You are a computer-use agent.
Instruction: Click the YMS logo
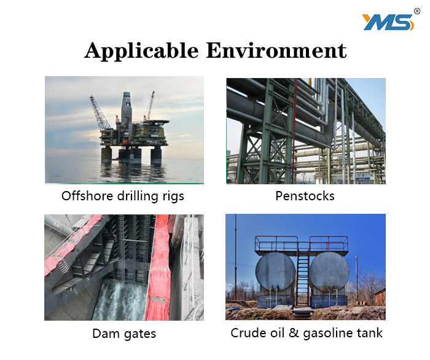[388, 22]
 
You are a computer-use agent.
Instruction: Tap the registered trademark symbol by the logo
[417, 11]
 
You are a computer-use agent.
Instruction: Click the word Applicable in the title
[141, 51]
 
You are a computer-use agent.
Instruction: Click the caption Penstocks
[305, 196]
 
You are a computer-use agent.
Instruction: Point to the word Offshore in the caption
[87, 196]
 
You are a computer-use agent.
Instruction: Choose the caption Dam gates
[124, 334]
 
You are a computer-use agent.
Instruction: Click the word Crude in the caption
[248, 333]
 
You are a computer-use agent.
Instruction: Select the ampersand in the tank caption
[294, 333]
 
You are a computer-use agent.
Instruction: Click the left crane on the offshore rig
[100, 112]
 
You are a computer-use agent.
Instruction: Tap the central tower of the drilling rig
[126, 108]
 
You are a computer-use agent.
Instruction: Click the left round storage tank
[275, 271]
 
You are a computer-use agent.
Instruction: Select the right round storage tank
[329, 271]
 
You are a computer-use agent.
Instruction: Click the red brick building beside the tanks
[380, 296]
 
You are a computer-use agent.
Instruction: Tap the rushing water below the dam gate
[120, 300]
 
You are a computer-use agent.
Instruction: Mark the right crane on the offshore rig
[149, 106]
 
